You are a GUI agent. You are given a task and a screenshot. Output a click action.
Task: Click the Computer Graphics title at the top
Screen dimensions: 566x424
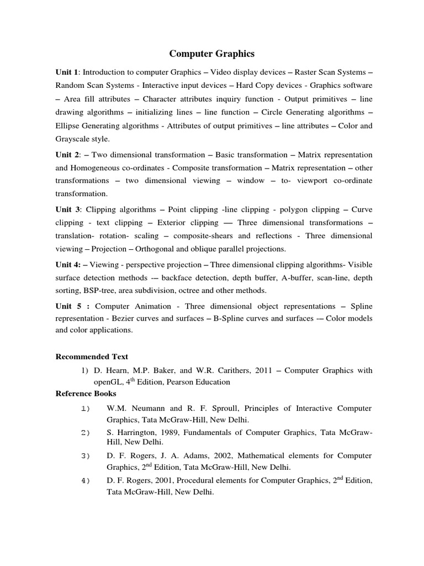point(211,54)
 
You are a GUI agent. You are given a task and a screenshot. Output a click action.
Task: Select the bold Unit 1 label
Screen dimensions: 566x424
point(67,72)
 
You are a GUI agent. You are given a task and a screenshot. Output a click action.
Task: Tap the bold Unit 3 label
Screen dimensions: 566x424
point(67,209)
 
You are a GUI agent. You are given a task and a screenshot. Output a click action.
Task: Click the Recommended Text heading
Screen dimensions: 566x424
point(92,357)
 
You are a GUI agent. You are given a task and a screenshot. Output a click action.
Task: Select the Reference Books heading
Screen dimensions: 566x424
point(86,394)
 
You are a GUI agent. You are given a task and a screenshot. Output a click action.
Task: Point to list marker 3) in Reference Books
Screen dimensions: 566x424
point(85,455)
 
